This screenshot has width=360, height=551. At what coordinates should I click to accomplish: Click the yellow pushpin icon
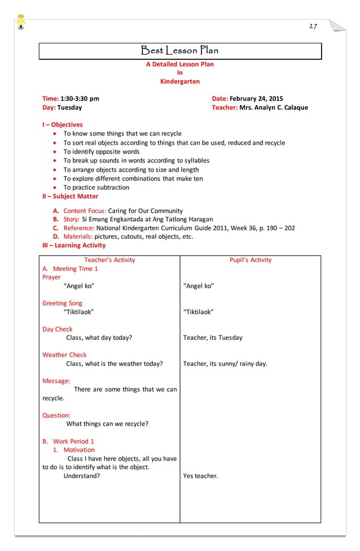[21, 19]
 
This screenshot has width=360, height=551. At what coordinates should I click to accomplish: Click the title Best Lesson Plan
[179, 51]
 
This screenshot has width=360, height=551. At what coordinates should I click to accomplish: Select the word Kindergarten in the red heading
[180, 81]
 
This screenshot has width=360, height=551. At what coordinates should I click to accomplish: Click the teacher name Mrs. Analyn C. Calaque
[274, 107]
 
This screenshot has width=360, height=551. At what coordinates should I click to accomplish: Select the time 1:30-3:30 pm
[80, 98]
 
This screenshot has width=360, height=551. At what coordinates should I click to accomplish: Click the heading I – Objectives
[62, 125]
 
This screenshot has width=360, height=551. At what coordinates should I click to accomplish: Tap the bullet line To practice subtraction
[96, 187]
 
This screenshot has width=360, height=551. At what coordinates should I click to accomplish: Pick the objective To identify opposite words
[101, 151]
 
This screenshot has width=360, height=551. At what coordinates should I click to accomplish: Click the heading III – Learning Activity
[73, 246]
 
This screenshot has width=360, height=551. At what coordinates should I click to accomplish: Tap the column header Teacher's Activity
[109, 260]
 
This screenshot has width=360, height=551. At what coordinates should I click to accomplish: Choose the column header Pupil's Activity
[250, 260]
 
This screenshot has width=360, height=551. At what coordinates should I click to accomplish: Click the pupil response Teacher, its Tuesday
[213, 338]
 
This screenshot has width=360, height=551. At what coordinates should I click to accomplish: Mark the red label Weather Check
[64, 355]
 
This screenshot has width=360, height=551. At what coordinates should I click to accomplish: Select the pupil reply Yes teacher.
[200, 476]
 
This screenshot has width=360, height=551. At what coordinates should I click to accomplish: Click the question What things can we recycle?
[107, 424]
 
